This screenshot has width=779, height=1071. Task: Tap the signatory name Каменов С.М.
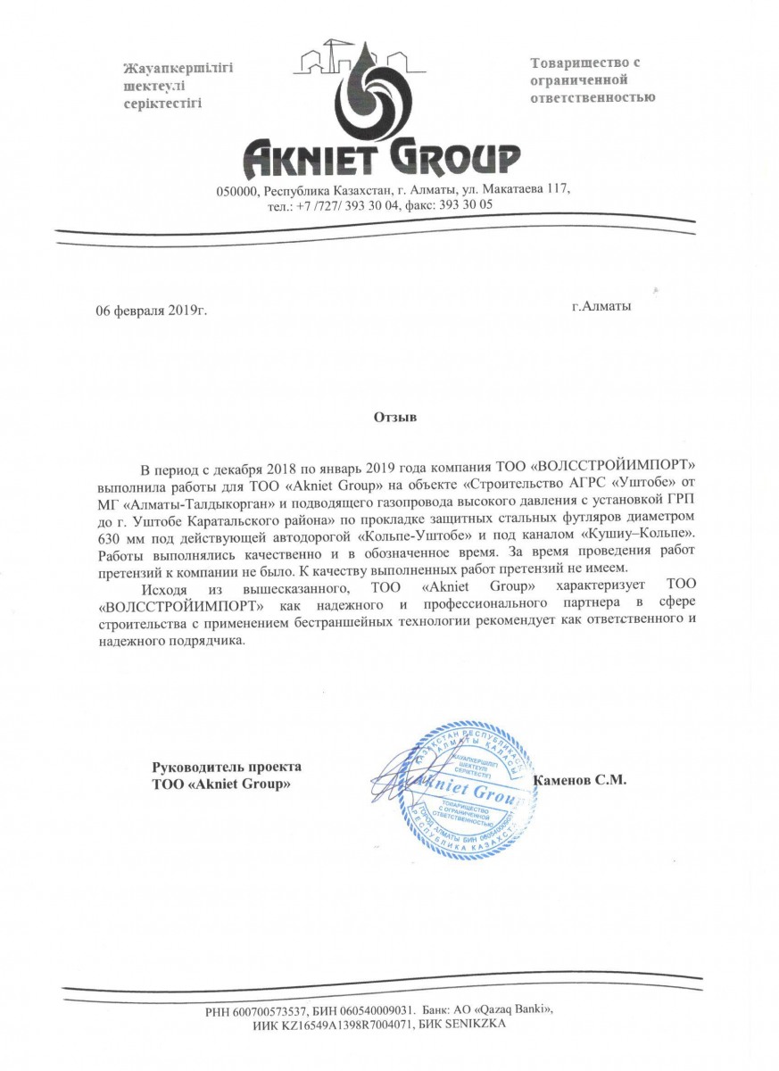[x=580, y=779]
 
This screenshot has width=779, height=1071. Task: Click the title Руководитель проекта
[x=227, y=767]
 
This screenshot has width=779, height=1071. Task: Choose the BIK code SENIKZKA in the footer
[x=477, y=1025]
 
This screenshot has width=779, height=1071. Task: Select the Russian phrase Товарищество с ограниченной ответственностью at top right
[x=593, y=80]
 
